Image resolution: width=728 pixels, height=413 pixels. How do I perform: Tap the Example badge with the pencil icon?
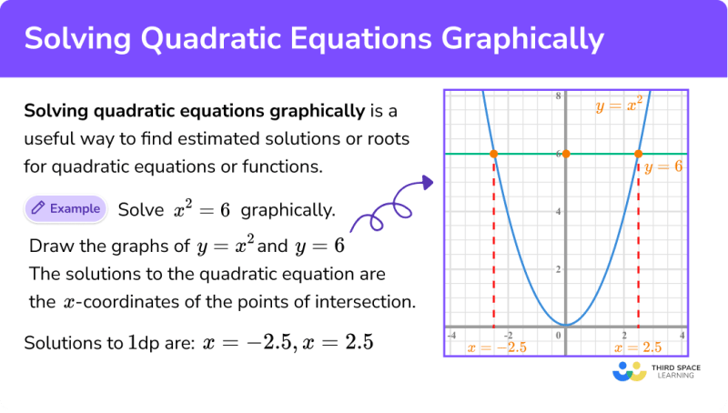(x=66, y=208)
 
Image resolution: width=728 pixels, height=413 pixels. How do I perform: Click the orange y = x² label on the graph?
(x=619, y=106)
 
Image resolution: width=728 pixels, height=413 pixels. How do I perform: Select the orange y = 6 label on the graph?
(x=662, y=167)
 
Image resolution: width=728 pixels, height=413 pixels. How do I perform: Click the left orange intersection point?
(x=493, y=154)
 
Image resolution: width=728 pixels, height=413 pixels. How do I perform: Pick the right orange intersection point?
(x=638, y=154)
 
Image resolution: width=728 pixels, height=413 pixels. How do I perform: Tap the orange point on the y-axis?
(x=566, y=154)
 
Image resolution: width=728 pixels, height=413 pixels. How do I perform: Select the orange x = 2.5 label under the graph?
(x=638, y=348)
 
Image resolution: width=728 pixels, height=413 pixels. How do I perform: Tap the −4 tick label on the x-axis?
(x=450, y=336)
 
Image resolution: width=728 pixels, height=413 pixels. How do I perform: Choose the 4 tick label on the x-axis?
(x=682, y=336)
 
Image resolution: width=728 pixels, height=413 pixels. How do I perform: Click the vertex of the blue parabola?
(x=566, y=325)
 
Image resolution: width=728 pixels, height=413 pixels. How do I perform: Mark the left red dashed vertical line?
(x=493, y=246)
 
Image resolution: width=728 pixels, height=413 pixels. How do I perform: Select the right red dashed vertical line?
(x=638, y=246)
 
